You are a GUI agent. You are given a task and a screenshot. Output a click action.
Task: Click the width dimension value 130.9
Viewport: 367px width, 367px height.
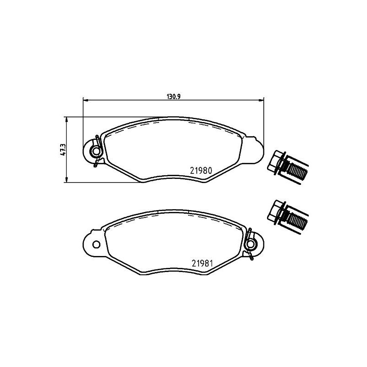(172, 97)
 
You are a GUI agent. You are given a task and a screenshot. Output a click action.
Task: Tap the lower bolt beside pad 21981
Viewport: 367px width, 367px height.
(288, 216)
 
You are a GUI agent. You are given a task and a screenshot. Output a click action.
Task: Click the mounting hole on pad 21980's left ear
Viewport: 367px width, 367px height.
(95, 151)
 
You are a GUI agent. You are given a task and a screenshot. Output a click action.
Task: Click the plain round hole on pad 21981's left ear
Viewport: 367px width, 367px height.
(96, 244)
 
